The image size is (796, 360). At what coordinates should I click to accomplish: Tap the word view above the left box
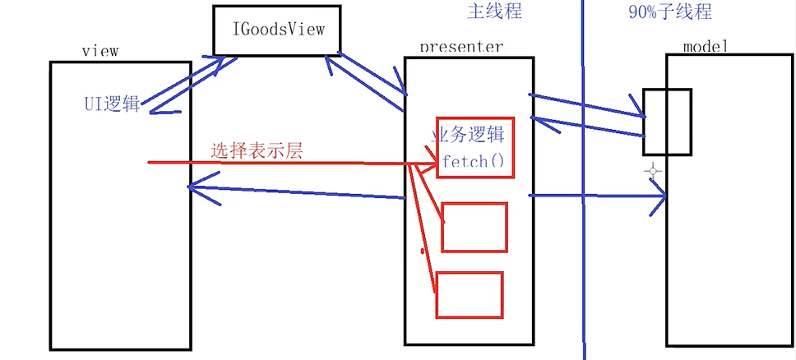pos(101,51)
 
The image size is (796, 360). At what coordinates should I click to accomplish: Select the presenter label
pos(461,47)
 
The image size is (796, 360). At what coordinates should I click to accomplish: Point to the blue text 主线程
pos(494,12)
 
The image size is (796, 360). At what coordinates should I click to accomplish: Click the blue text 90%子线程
pos(669,12)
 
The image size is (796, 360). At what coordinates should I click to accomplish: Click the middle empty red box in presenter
pos(474,226)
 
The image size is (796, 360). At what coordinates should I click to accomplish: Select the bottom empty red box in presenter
pos(469,294)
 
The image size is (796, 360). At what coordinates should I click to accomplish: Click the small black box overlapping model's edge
pos(667,121)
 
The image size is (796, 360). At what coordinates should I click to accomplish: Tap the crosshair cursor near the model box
pos(653,172)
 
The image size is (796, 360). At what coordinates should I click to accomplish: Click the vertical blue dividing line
pos(583,247)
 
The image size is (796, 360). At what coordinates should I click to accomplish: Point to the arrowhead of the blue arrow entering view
pos(192,187)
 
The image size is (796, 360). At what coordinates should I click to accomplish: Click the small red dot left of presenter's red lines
pos(423,249)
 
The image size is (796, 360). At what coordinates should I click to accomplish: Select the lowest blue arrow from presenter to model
pos(596,196)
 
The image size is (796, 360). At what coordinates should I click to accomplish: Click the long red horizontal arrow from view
pos(280,163)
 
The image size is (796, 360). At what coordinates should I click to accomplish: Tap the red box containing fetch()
pos(475,146)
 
